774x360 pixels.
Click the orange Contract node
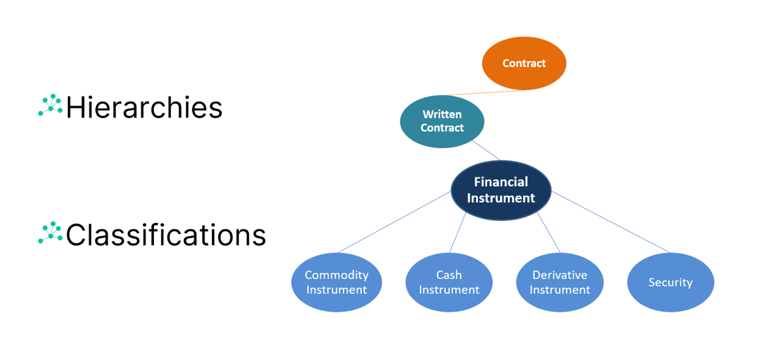524,63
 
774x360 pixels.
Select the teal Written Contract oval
442,121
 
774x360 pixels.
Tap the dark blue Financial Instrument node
501,190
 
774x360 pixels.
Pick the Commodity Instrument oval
336,282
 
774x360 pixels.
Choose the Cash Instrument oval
449,282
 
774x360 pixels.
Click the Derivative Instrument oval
559,282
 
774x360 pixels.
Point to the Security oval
670,282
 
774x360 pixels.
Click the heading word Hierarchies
144,107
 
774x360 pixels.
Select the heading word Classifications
166,235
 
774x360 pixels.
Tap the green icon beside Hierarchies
50,105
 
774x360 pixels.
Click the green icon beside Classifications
50,232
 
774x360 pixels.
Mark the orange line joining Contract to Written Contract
484,93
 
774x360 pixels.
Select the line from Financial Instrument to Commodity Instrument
394,222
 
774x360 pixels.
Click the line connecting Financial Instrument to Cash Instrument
458,233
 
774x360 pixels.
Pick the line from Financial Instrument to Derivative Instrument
548,233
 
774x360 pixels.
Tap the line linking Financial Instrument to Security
610,222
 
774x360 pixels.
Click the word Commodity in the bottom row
336,275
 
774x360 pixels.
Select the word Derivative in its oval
559,275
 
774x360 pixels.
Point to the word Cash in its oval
449,275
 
